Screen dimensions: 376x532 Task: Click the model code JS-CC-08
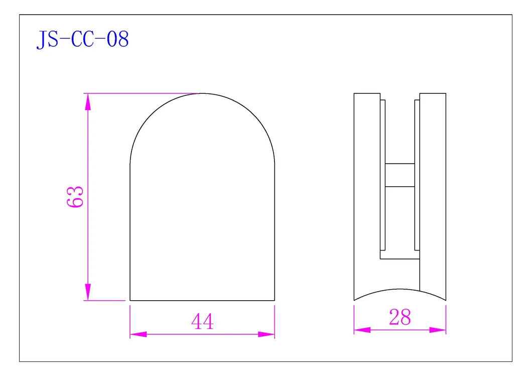(x=82, y=40)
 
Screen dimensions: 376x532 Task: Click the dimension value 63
(x=75, y=197)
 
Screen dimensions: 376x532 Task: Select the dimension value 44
(x=202, y=322)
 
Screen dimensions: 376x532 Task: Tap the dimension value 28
(x=400, y=317)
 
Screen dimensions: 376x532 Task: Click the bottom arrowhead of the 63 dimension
(x=88, y=292)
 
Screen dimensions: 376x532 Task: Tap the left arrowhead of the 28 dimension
(x=362, y=330)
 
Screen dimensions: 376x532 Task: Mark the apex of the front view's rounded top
(x=202, y=93)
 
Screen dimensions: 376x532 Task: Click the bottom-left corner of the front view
(x=130, y=300)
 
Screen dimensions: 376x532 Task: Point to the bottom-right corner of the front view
(x=275, y=300)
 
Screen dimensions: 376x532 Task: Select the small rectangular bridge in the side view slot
(x=400, y=175)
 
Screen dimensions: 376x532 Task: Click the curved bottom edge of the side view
(x=400, y=290)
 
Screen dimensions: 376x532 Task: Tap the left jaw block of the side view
(x=367, y=196)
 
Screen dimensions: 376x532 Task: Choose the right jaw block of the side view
(x=433, y=196)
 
